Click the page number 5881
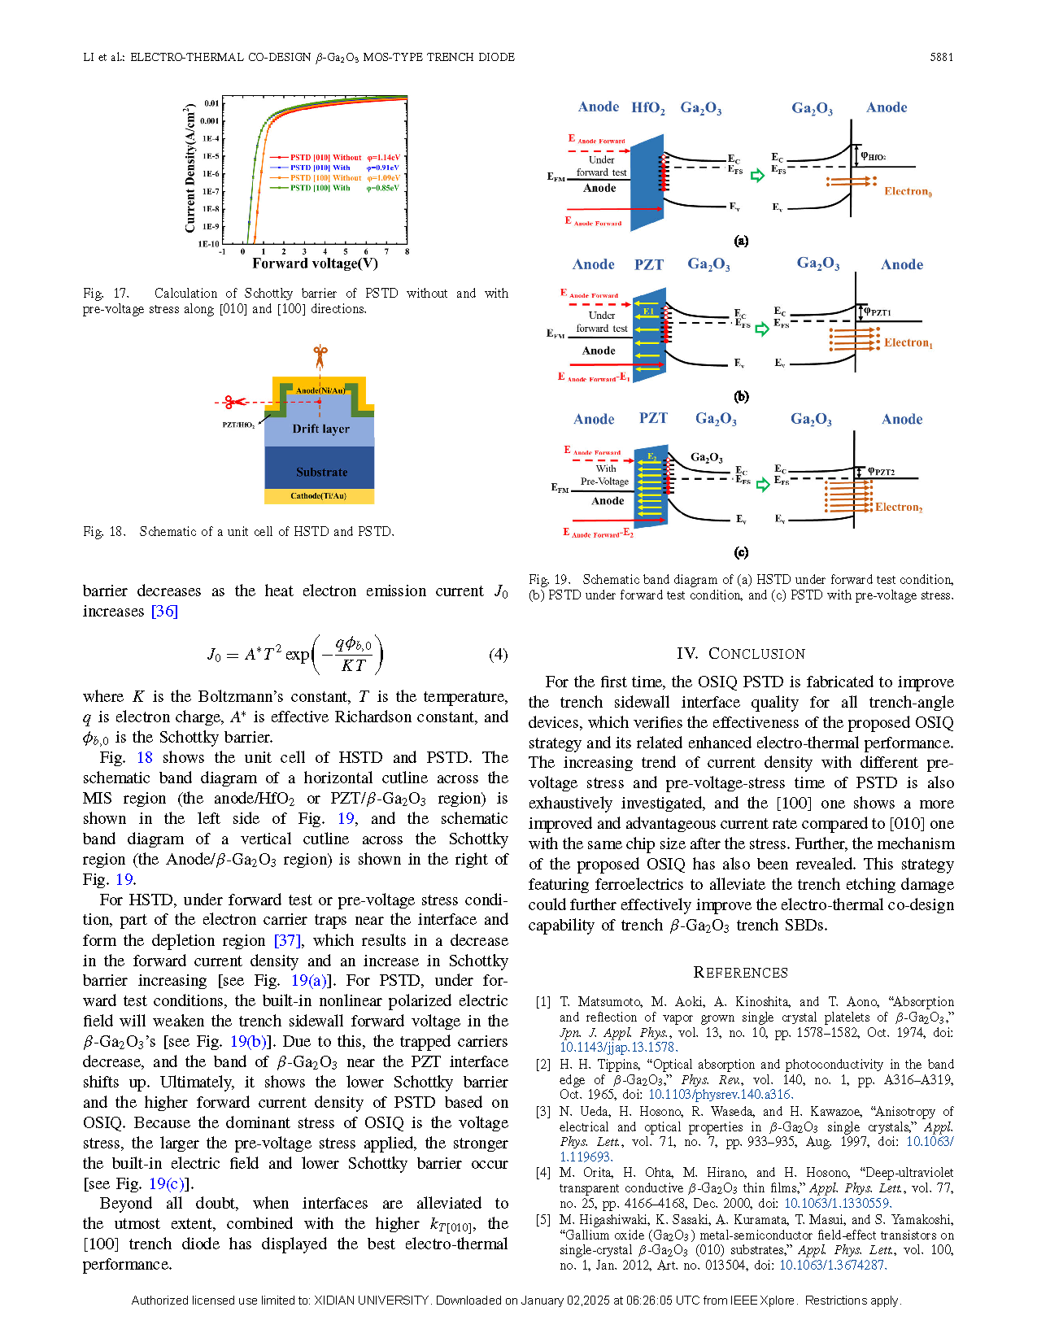pyautogui.click(x=941, y=58)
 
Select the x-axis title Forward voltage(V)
pyautogui.click(x=315, y=264)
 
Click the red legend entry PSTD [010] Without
pyautogui.click(x=325, y=158)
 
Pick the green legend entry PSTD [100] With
pyautogui.click(x=320, y=188)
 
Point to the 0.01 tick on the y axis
pyautogui.click(x=211, y=103)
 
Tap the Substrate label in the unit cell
pyautogui.click(x=321, y=473)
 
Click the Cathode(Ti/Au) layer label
pyautogui.click(x=319, y=496)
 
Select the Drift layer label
pyautogui.click(x=320, y=429)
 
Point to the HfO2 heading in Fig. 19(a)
pyautogui.click(x=648, y=108)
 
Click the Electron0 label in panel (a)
pyautogui.click(x=908, y=191)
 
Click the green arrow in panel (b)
pyautogui.click(x=762, y=329)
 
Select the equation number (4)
pyautogui.click(x=498, y=654)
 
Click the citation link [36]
pyautogui.click(x=164, y=611)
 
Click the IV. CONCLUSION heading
pyautogui.click(x=740, y=653)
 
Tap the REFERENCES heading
pyautogui.click(x=740, y=973)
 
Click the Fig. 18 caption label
pyautogui.click(x=104, y=532)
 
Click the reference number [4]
pyautogui.click(x=542, y=1172)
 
